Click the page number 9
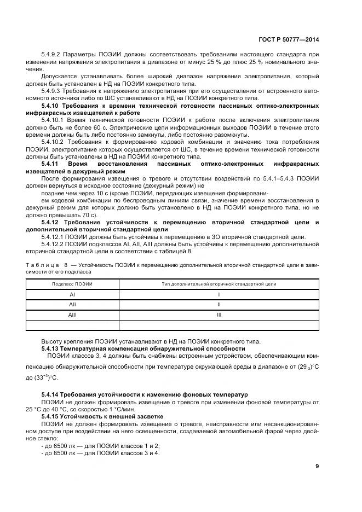pyautogui.click(x=317, y=466)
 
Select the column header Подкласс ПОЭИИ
pyautogui.click(x=72, y=284)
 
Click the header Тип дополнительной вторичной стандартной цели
pyautogui.click(x=219, y=284)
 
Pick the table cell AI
pyautogui.click(x=72, y=294)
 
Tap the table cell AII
pyautogui.click(x=72, y=305)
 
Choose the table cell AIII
pyautogui.click(x=72, y=315)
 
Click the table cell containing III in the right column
pyautogui.click(x=219, y=315)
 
